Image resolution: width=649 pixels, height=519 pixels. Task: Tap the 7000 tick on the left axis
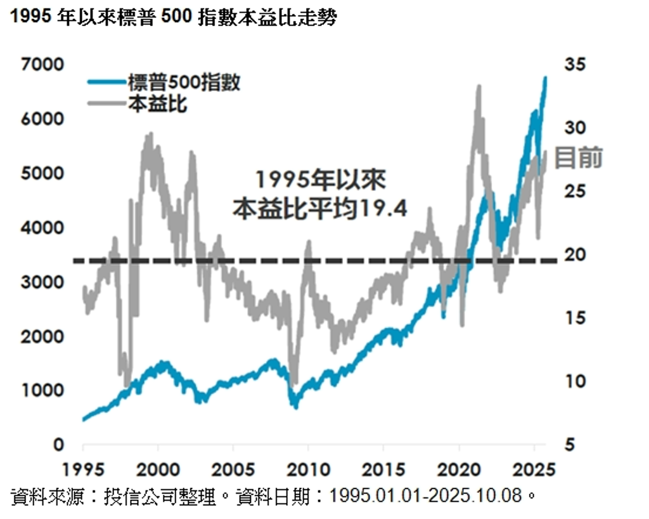click(x=41, y=65)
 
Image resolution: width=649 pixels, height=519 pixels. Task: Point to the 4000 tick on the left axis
click(x=41, y=227)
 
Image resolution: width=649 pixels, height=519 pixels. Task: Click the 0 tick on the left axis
click(x=58, y=444)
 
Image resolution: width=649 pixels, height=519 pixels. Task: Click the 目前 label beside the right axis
click(x=578, y=158)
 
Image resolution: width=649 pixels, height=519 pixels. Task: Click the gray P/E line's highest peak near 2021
click(x=479, y=87)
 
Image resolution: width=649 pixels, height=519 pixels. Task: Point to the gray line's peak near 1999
click(x=150, y=134)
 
